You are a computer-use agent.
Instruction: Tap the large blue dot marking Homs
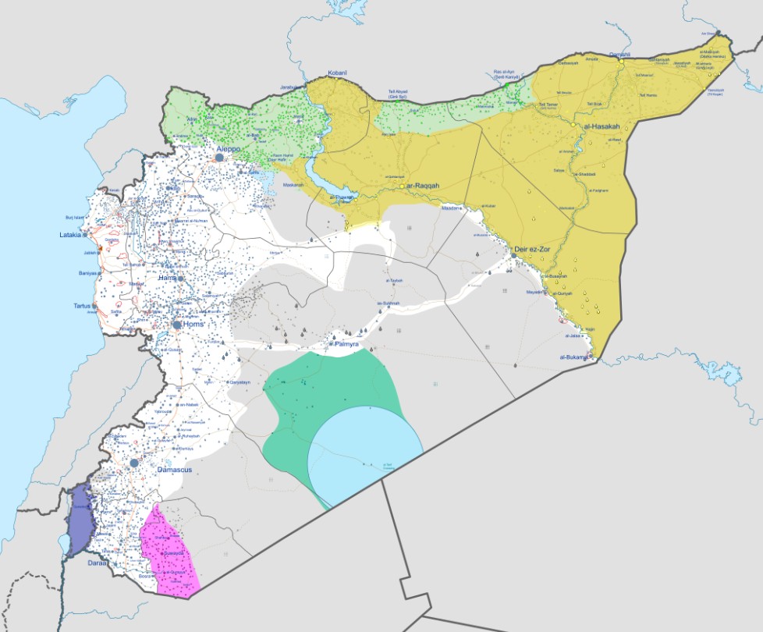click(178, 325)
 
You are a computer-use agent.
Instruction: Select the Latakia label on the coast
click(73, 235)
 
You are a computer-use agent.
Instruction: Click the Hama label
click(167, 278)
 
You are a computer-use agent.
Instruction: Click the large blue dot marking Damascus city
click(134, 463)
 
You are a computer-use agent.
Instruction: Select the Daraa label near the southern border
click(97, 562)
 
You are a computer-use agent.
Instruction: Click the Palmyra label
click(346, 343)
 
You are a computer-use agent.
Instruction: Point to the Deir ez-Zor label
click(533, 250)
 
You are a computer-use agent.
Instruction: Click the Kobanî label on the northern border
click(337, 73)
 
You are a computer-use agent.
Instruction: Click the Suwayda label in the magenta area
click(174, 553)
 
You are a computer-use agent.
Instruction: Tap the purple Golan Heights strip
click(78, 521)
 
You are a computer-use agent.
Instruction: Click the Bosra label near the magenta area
click(145, 576)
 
